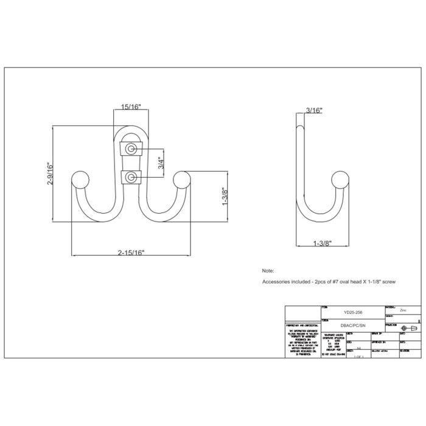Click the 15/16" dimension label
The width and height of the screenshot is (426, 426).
point(130,107)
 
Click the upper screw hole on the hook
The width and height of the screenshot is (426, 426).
point(131,148)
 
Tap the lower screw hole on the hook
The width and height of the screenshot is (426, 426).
point(131,177)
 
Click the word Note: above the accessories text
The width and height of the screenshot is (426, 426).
point(268,270)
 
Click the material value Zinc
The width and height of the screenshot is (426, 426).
point(403,309)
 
